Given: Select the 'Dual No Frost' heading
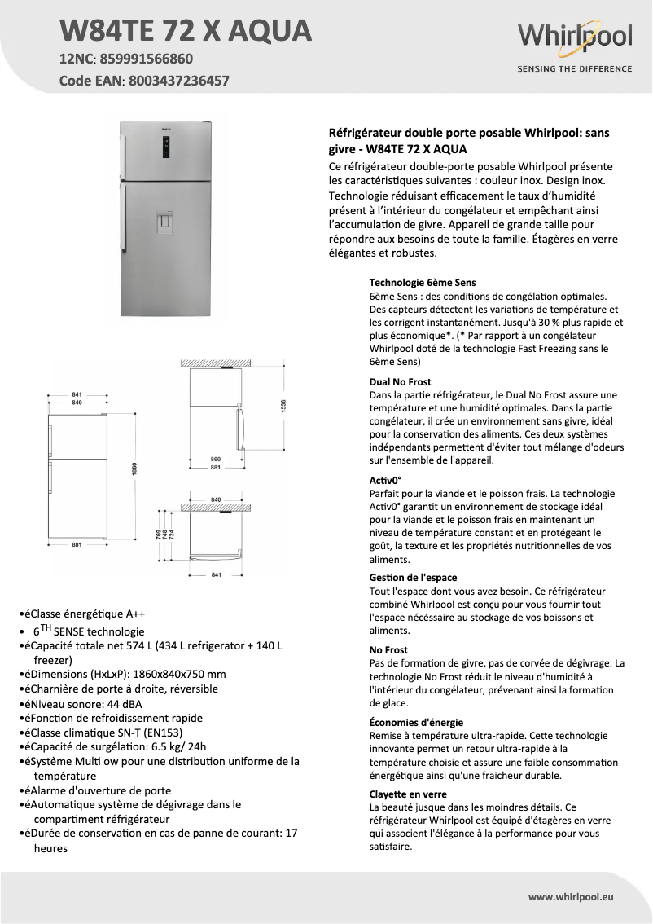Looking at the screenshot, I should pos(400,381).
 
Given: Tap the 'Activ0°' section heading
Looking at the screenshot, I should pos(386,480).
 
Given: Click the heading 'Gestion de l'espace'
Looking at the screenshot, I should pos(413,578).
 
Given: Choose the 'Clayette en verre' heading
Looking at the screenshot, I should pos(408,794).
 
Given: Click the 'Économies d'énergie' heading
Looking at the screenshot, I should pos(416,722).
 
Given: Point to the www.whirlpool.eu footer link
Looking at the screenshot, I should pos(570,896).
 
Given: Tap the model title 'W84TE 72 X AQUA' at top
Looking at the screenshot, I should pos(186,30).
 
